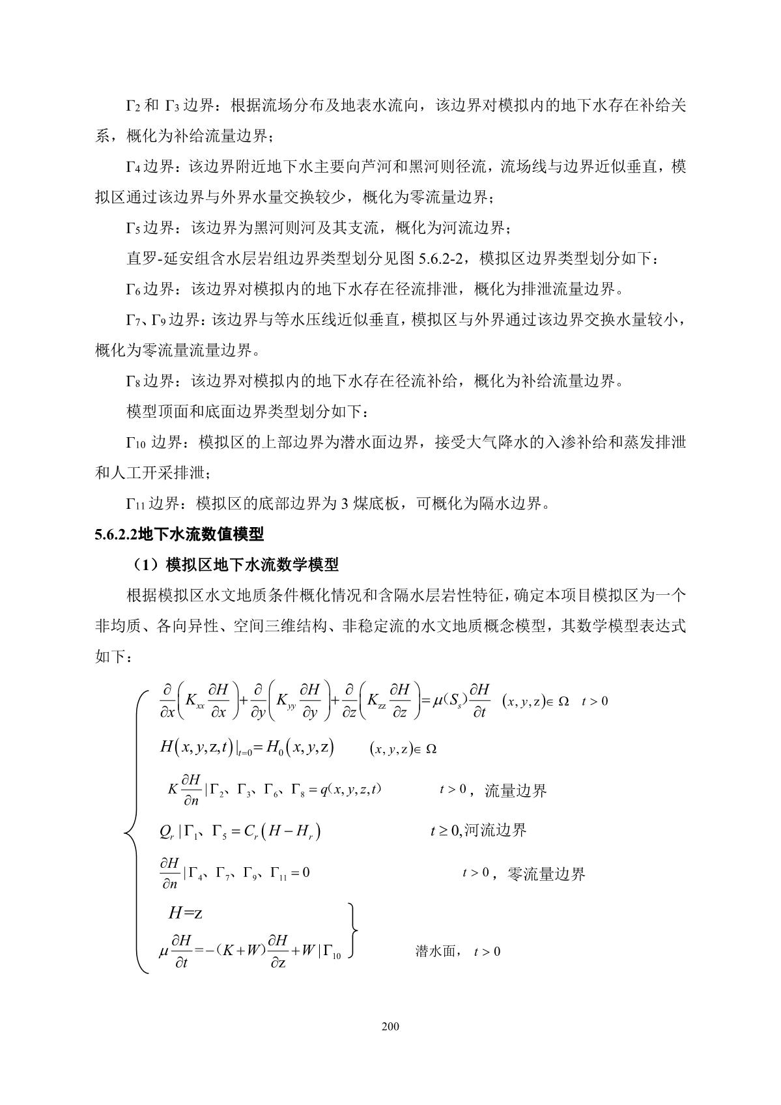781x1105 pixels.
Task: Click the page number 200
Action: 390,1027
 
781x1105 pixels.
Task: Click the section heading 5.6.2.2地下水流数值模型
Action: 179,535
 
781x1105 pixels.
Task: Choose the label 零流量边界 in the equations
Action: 546,874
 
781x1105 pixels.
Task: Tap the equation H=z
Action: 185,913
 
